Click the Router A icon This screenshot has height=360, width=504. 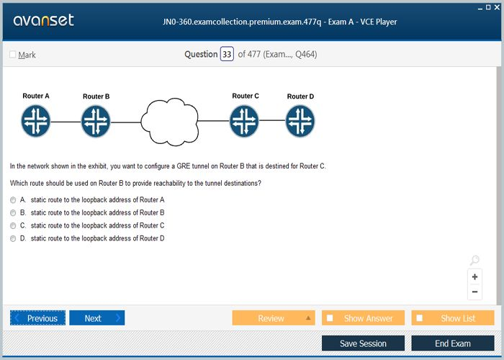pyautogui.click(x=36, y=121)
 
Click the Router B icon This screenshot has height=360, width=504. pyautogui.click(x=96, y=122)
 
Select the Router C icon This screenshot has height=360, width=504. pyautogui.click(x=244, y=121)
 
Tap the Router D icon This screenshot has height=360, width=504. pyautogui.click(x=300, y=121)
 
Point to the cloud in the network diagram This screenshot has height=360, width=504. pyautogui.click(x=170, y=122)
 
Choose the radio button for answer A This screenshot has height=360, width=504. pyautogui.click(x=13, y=200)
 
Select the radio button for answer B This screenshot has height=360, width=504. pyautogui.click(x=13, y=213)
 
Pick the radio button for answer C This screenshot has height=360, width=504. pyautogui.click(x=13, y=225)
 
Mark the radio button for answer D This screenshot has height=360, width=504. pyautogui.click(x=13, y=238)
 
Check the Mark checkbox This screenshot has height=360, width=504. pyautogui.click(x=12, y=54)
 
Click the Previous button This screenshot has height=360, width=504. pyautogui.click(x=37, y=318)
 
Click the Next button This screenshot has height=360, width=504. pyautogui.click(x=96, y=318)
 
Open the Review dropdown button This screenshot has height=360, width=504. pyautogui.click(x=274, y=318)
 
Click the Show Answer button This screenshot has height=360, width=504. pyautogui.click(x=363, y=318)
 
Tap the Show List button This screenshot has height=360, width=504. pyautogui.click(x=453, y=318)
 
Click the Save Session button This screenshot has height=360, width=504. pyautogui.click(x=363, y=343)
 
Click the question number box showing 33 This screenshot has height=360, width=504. pyautogui.click(x=227, y=54)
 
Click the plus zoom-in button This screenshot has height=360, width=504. pyautogui.click(x=474, y=276)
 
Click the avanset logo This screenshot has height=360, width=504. pyautogui.click(x=43, y=20)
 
